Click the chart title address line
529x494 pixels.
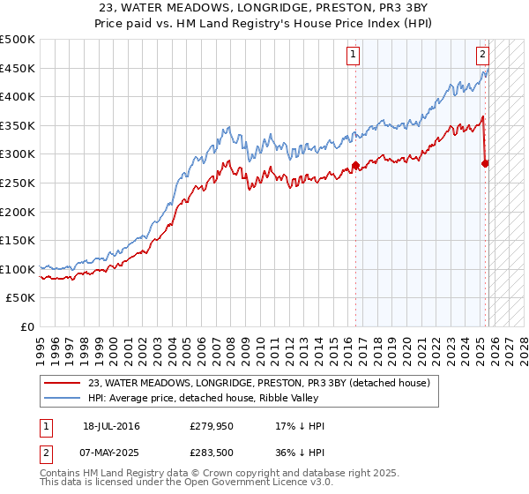click(x=264, y=7)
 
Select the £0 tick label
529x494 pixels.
click(x=26, y=326)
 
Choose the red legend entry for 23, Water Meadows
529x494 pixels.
click(x=258, y=383)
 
